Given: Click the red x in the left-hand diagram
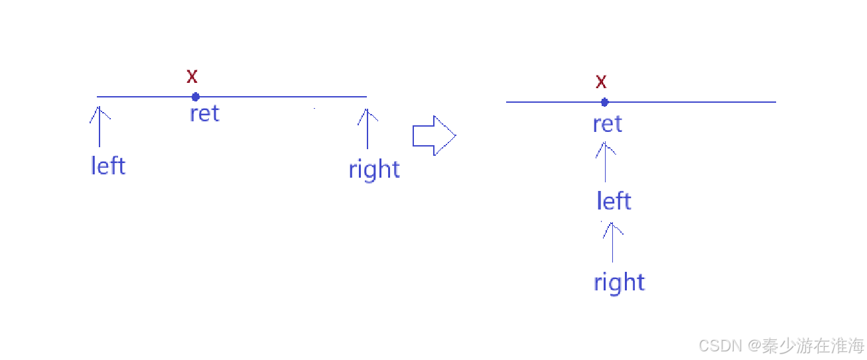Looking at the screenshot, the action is click(x=192, y=76).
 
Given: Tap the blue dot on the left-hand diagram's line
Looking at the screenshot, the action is click(x=196, y=97).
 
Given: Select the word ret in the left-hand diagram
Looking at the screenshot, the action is click(x=204, y=113).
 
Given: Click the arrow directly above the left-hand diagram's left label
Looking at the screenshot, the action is click(x=100, y=127).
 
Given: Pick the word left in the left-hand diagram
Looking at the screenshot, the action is click(x=107, y=165).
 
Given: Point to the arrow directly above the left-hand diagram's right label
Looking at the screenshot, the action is click(x=367, y=128).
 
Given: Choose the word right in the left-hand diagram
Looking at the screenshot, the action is click(x=374, y=170).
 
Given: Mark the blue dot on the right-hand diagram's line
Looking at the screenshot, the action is click(x=604, y=102).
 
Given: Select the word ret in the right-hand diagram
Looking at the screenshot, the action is click(x=607, y=124).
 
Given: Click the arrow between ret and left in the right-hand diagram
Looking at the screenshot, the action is click(x=605, y=162).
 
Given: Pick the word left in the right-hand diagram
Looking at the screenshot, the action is click(x=614, y=201).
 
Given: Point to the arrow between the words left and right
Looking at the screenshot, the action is click(x=612, y=241).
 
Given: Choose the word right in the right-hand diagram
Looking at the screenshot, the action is click(x=619, y=282).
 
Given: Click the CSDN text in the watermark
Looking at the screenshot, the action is click(x=720, y=345).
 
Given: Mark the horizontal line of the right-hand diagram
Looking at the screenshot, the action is click(x=697, y=102).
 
